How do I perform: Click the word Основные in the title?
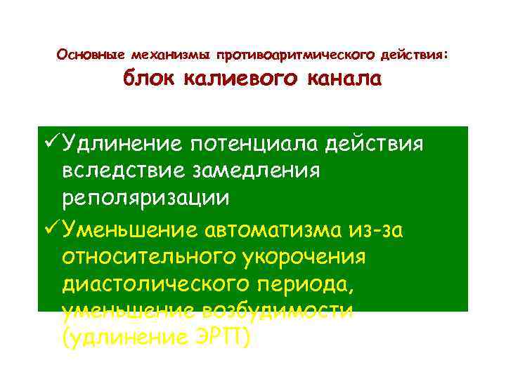[89, 54]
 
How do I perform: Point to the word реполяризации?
[145, 199]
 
